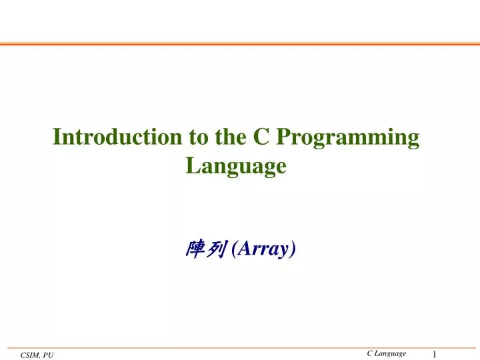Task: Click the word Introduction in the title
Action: tap(117, 137)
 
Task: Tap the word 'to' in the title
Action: tap(199, 137)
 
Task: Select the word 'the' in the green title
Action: tap(231, 137)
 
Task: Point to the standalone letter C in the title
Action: tap(261, 137)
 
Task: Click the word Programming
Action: tap(347, 139)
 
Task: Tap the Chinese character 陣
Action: tap(195, 249)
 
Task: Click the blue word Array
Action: tap(263, 249)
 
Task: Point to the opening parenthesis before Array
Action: tap(234, 249)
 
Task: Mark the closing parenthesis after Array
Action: tap(293, 249)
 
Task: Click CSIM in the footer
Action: tap(30, 355)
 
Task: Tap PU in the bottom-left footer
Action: tap(48, 355)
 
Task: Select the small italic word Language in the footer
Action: tap(390, 354)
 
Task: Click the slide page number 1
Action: tap(435, 355)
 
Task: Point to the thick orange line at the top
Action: tap(240, 44)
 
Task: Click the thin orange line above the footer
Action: tap(242, 348)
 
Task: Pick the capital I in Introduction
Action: tap(57, 137)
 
